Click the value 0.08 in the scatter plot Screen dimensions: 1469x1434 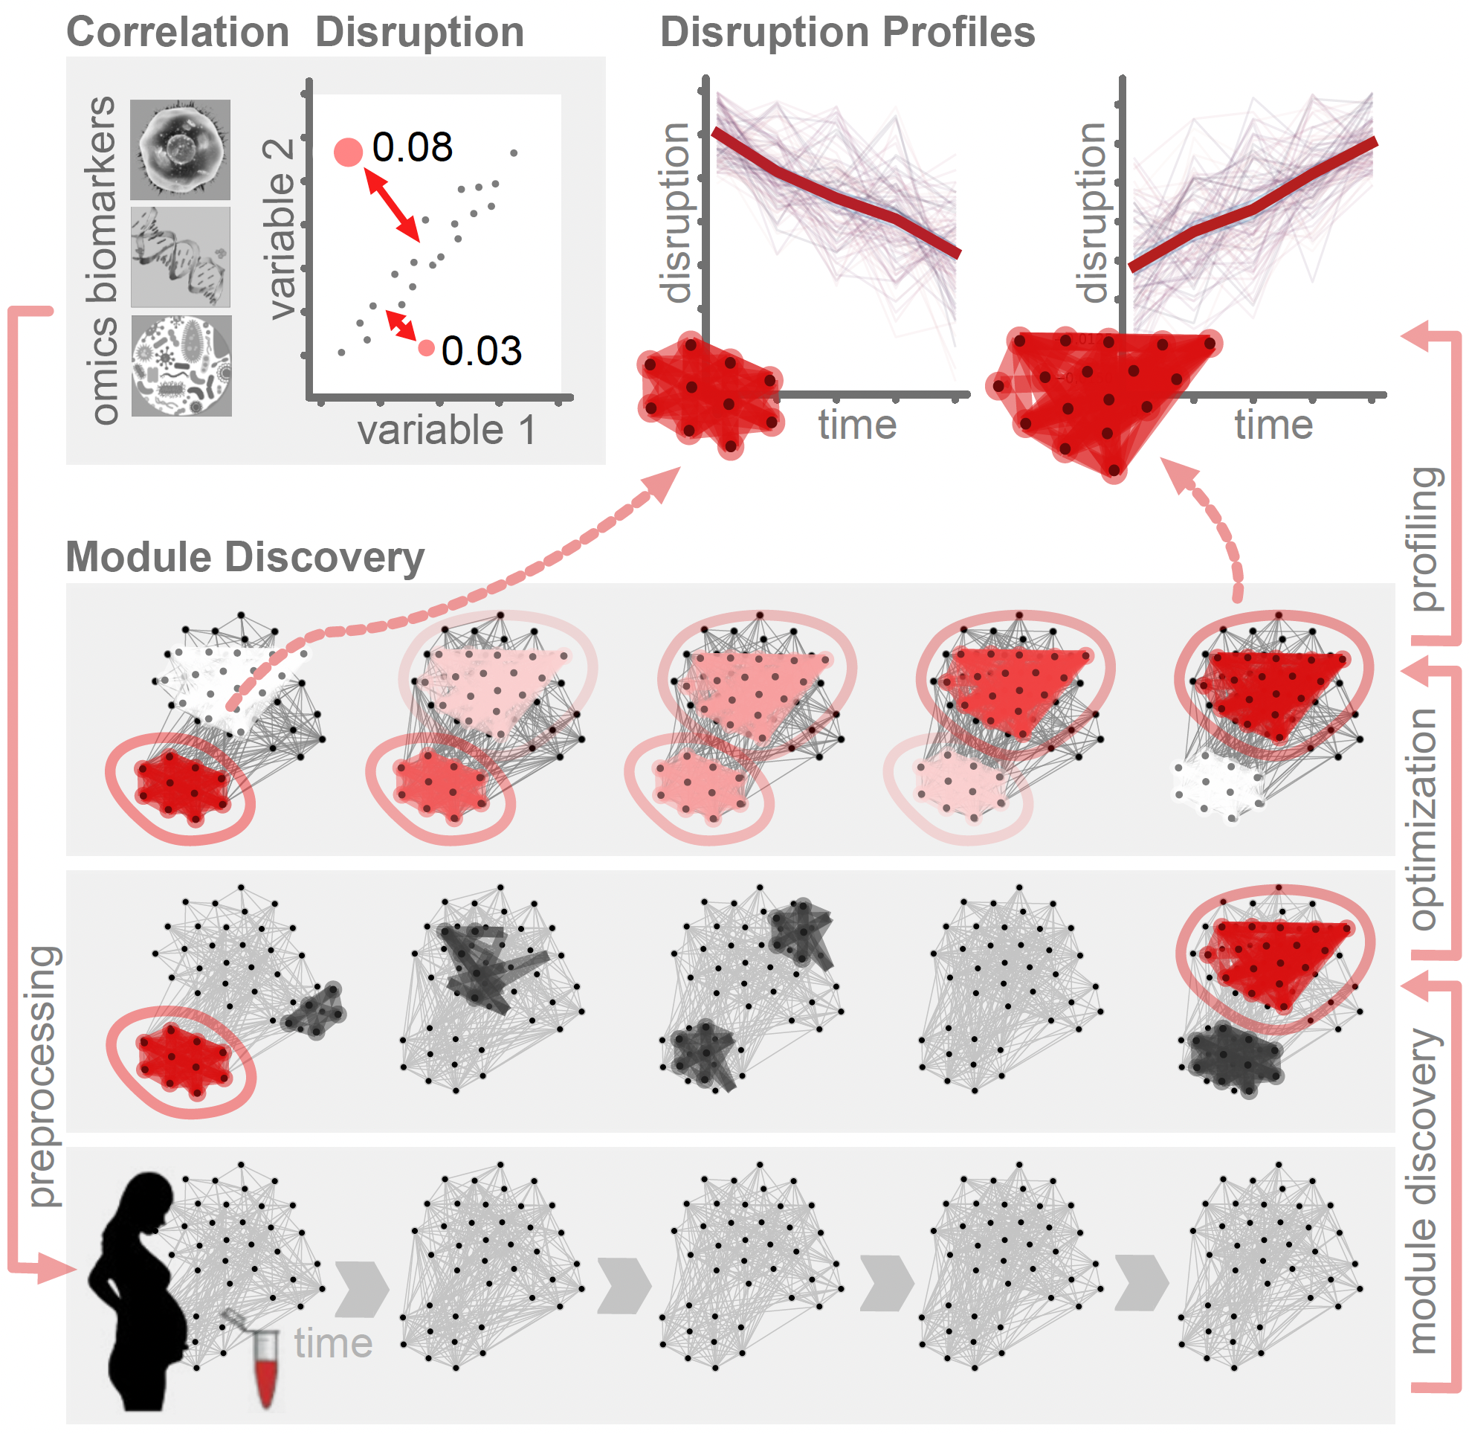pyautogui.click(x=412, y=147)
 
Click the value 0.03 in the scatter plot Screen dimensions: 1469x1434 pyautogui.click(x=481, y=351)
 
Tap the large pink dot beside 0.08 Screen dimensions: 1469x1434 pyautogui.click(x=348, y=152)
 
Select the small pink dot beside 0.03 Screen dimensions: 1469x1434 pyautogui.click(x=426, y=348)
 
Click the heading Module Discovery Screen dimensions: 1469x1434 pyautogui.click(x=245, y=558)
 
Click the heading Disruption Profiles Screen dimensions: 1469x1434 pyautogui.click(x=847, y=33)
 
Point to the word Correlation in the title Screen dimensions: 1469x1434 pyautogui.click(x=178, y=33)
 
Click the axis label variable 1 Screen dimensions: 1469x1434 pyautogui.click(x=447, y=431)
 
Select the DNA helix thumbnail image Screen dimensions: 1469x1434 pyautogui.click(x=181, y=257)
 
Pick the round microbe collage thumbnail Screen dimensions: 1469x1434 pyautogui.click(x=181, y=366)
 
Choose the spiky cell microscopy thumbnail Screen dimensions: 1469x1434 pyautogui.click(x=181, y=150)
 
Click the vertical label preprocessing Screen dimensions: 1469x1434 pyautogui.click(x=44, y=1077)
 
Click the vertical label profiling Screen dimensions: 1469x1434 pyautogui.click(x=1425, y=539)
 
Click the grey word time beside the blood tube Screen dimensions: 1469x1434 pyautogui.click(x=333, y=1343)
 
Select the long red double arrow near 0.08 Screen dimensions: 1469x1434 pyautogui.click(x=393, y=205)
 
